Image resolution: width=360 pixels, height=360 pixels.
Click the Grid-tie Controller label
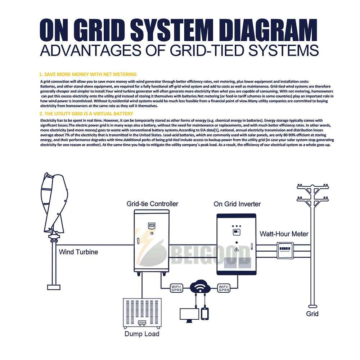click(152, 204)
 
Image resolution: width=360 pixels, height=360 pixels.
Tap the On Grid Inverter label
click(237, 204)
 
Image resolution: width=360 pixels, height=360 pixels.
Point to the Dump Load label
click(142, 334)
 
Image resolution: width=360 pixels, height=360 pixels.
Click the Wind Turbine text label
click(78, 252)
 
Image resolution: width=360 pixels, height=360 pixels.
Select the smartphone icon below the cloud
click(205, 313)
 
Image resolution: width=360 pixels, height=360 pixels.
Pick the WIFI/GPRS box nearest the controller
click(176, 288)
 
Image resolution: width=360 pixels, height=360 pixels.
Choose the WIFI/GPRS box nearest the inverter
click(224, 288)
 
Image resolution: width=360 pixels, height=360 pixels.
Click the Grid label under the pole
click(312, 314)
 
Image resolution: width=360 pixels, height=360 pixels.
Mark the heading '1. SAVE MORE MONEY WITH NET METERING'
click(88, 75)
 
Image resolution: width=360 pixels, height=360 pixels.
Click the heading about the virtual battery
click(86, 113)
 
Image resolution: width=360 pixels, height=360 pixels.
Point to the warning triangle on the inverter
click(237, 249)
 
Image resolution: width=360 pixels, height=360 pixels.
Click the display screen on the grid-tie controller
click(152, 226)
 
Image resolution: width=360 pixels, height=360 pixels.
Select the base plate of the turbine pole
click(54, 287)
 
